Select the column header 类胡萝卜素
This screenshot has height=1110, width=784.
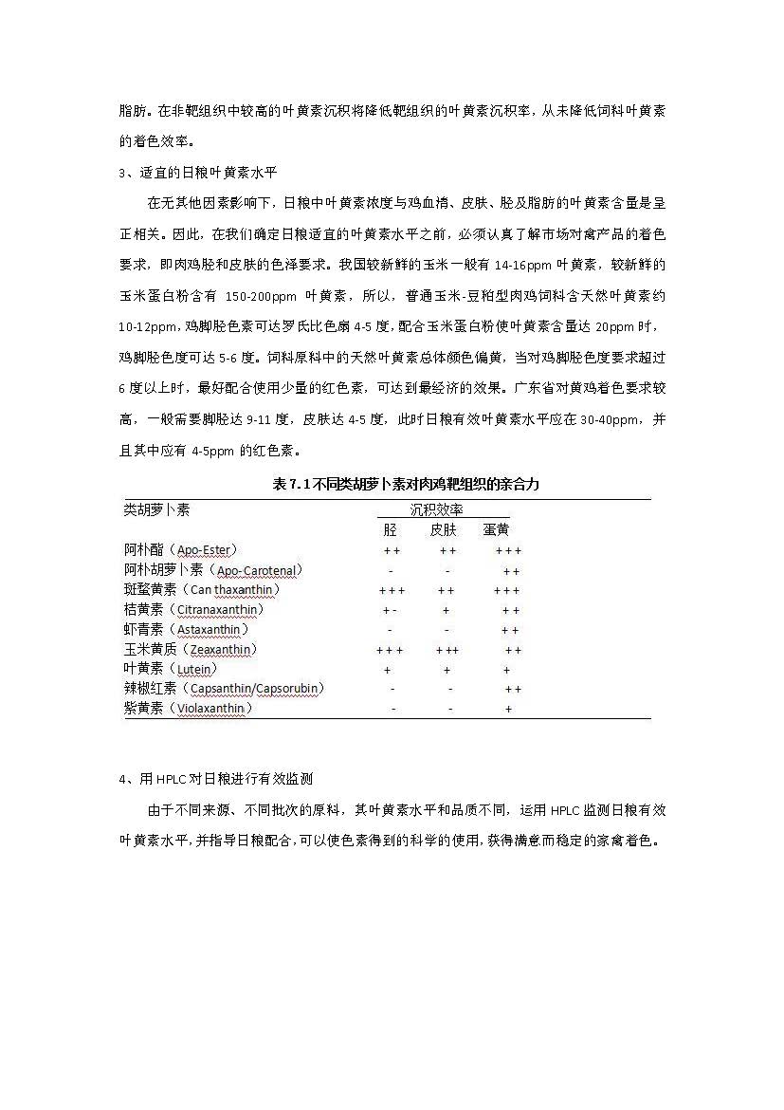click(156, 509)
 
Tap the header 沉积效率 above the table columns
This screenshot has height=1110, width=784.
click(436, 509)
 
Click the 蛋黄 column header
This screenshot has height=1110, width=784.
click(496, 529)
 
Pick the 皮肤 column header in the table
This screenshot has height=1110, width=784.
click(444, 529)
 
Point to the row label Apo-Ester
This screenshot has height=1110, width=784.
click(180, 549)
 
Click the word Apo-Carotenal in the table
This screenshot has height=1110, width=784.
click(257, 570)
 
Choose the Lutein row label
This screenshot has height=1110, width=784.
click(168, 669)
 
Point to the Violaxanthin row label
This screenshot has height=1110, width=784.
click(188, 708)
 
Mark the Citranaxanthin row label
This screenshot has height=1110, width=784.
click(193, 609)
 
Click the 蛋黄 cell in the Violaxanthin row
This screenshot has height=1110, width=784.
click(509, 709)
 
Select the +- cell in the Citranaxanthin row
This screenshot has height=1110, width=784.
click(390, 610)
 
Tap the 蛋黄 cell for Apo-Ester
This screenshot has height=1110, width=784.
click(508, 550)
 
